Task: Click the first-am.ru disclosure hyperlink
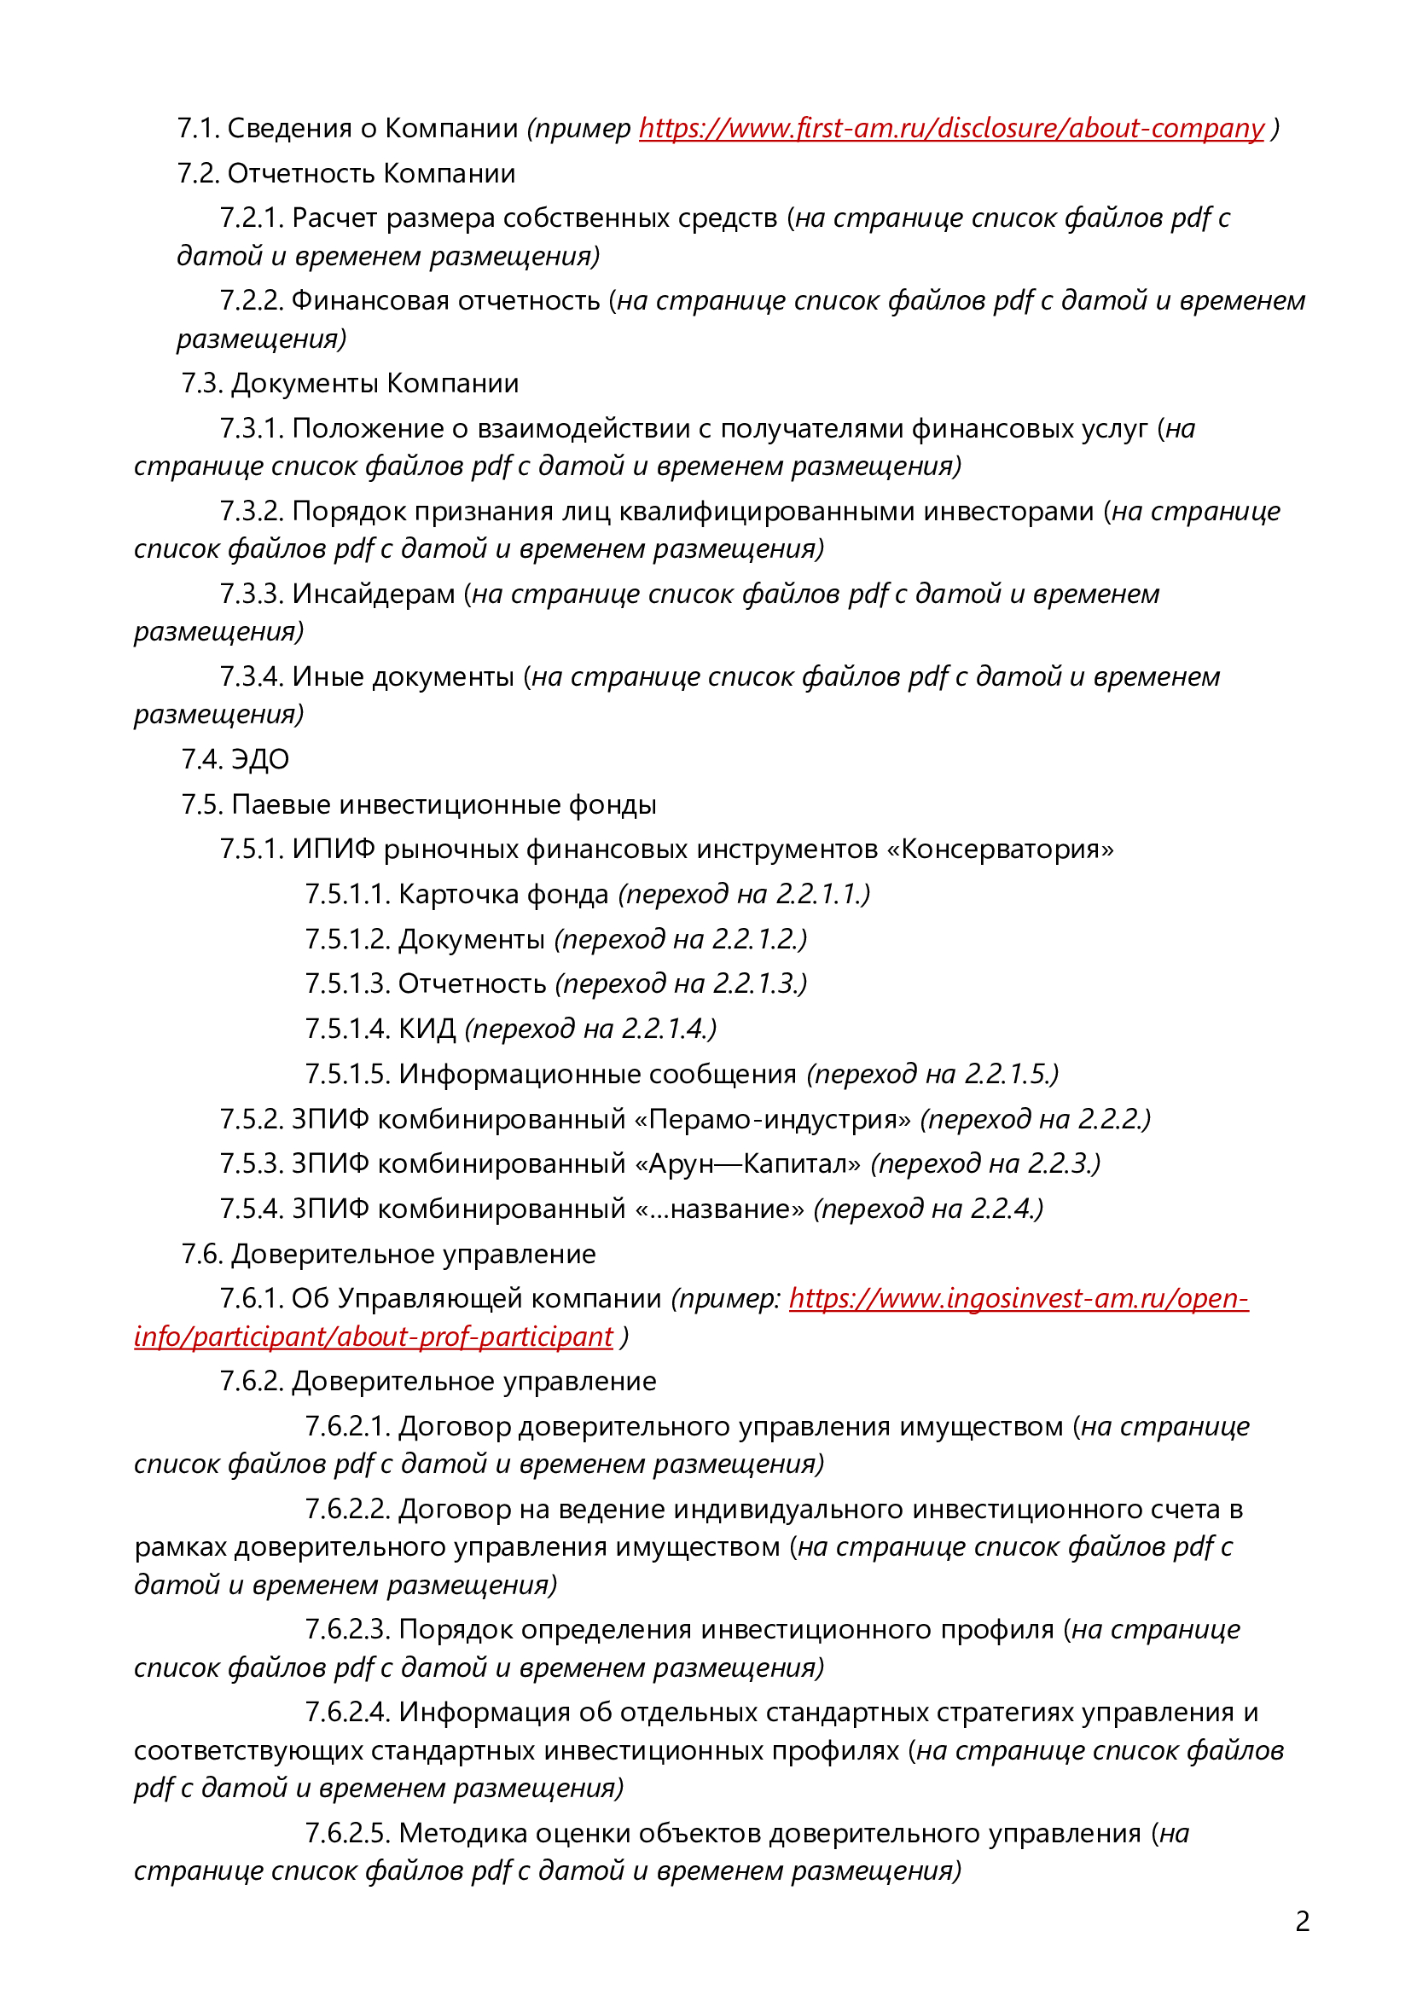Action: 951,129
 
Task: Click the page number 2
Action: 1302,1920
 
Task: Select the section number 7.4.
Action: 201,759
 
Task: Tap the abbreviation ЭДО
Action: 261,759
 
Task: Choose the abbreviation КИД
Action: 427,1029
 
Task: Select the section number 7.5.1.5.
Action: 347,1074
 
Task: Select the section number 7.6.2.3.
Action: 347,1629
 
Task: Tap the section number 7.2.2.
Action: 252,300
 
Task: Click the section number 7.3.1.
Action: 252,428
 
